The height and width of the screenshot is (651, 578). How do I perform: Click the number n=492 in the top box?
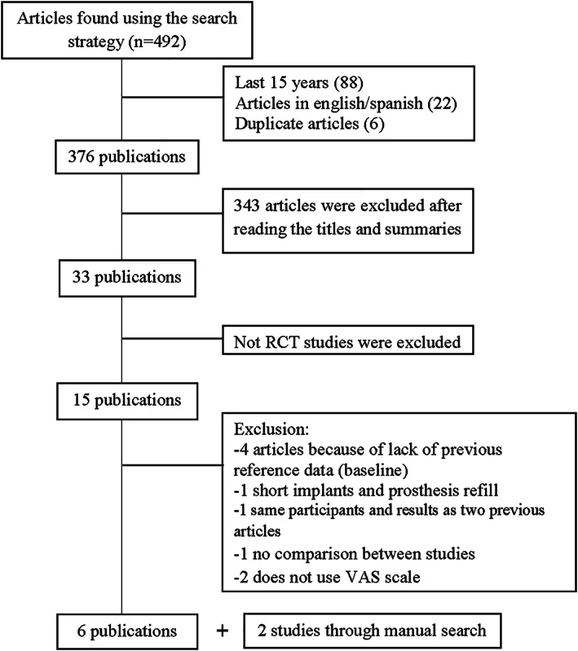(x=157, y=42)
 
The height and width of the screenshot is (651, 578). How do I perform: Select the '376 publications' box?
(x=127, y=157)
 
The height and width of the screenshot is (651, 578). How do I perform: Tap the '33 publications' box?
(x=127, y=278)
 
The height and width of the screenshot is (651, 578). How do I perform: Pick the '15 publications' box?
(x=127, y=401)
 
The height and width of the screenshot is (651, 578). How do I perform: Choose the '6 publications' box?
(x=127, y=631)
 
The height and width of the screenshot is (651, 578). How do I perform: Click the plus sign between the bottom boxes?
(x=223, y=631)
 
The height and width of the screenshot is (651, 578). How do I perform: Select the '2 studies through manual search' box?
(x=373, y=631)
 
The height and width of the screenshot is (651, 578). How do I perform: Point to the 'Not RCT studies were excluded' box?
(x=348, y=341)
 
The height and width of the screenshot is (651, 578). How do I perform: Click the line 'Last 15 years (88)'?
(x=299, y=82)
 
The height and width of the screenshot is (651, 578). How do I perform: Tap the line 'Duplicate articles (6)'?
(x=310, y=123)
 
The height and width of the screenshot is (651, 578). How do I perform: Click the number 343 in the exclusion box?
(x=246, y=205)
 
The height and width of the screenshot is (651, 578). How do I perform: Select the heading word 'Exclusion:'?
(x=271, y=429)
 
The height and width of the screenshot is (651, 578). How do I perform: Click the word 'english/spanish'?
(x=368, y=103)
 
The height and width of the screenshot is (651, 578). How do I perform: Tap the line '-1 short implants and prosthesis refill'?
(x=366, y=490)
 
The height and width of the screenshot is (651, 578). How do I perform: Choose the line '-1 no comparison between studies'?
(x=355, y=554)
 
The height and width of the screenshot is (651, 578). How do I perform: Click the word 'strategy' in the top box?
(x=96, y=42)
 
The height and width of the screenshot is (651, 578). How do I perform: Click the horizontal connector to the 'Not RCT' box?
(x=172, y=339)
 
